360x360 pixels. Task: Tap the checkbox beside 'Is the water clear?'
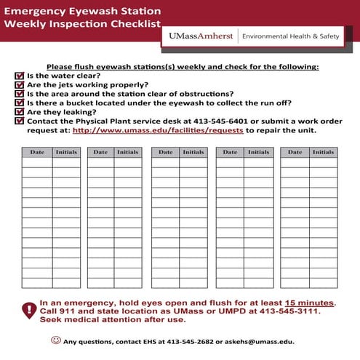click(x=19, y=76)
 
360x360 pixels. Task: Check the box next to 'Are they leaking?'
click(x=19, y=113)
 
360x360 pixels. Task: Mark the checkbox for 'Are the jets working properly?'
click(x=19, y=84)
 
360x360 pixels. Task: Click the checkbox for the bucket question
click(x=19, y=103)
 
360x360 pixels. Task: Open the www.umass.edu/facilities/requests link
click(x=158, y=131)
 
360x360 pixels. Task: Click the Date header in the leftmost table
click(x=36, y=152)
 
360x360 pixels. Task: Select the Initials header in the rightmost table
click(x=323, y=152)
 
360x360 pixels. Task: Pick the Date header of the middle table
click(x=166, y=152)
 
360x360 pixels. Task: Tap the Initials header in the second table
click(x=128, y=152)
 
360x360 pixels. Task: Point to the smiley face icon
click(x=56, y=340)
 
